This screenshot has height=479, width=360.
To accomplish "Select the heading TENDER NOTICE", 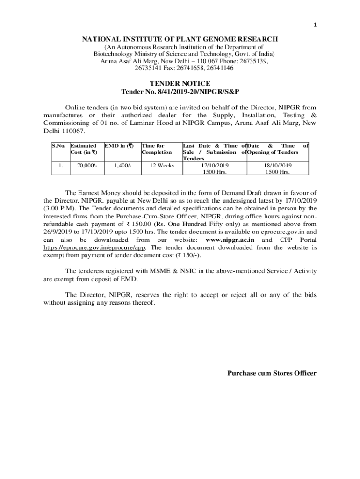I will [180, 83].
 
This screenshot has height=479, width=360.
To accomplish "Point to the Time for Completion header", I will [157, 149].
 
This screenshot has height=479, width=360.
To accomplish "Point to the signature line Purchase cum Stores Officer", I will [272, 373].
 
